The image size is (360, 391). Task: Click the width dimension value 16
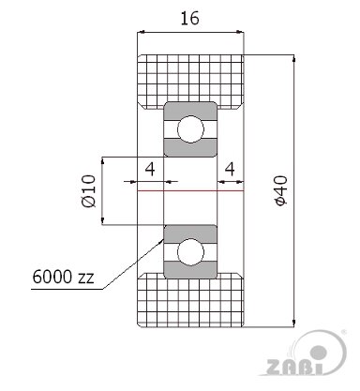189,19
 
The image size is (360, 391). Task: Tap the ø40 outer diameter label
281,190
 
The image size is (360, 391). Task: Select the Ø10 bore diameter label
88,191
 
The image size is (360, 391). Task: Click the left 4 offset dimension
150,169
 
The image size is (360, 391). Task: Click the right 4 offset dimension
230,169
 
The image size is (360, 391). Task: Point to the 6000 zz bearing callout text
63,277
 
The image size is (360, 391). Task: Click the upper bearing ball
190,129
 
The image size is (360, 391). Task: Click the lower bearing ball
190,252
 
